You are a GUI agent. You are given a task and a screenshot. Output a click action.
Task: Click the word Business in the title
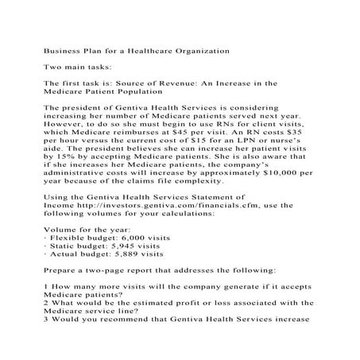pyautogui.click(x=64, y=50)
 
